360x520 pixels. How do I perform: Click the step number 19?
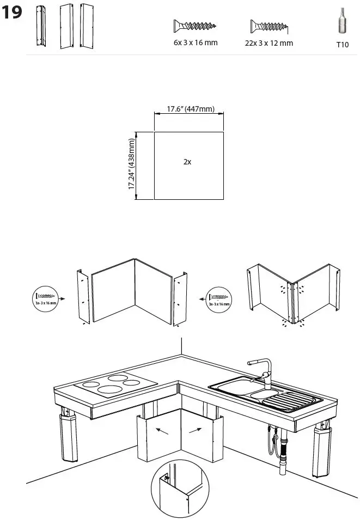[x=13, y=13]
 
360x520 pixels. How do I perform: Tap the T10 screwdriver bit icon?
[x=341, y=25]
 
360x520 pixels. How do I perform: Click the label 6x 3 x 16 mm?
[x=194, y=42]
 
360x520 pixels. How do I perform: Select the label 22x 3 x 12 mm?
[x=269, y=43]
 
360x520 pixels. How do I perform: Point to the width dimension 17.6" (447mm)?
[x=188, y=109]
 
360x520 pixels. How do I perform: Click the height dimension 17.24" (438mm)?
[x=132, y=164]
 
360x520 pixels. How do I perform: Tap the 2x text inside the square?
[x=187, y=162]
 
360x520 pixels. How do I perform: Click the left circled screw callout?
[x=46, y=298]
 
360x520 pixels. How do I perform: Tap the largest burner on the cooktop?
[x=109, y=389]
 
